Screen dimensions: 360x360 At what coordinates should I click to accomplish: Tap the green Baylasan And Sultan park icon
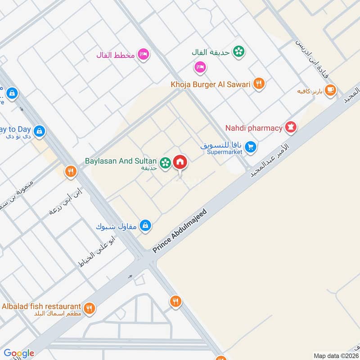click(166, 162)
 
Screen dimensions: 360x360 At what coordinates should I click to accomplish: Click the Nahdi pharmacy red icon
click(291, 128)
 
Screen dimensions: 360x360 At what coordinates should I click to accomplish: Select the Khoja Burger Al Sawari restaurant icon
click(258, 83)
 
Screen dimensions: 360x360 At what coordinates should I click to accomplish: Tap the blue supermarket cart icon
click(252, 146)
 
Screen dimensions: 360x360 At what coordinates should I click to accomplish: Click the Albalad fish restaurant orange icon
click(90, 308)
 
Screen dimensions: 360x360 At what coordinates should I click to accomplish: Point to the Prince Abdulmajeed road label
click(180, 231)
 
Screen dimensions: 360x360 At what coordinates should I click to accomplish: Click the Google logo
click(19, 353)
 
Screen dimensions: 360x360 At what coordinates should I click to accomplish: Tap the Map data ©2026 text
click(335, 355)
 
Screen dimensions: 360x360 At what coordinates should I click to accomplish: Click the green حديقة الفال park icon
click(239, 51)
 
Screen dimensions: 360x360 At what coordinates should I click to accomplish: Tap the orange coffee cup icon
click(330, 90)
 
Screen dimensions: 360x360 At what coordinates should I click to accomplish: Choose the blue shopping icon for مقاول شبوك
click(145, 225)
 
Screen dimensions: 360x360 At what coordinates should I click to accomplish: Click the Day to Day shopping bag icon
click(39, 131)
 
